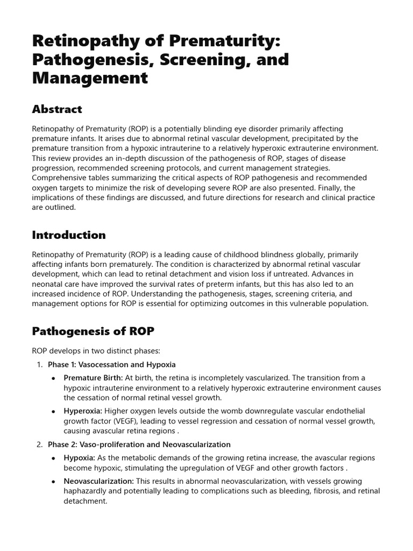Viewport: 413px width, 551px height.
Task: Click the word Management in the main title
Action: [89, 78]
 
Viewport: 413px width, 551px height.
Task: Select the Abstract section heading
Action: [57, 109]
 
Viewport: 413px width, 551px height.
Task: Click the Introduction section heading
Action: [69, 235]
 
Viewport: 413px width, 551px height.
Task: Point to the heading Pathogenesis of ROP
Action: [93, 330]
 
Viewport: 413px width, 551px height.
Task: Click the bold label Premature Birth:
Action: [93, 378]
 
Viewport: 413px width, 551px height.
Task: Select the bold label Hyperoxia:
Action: [83, 411]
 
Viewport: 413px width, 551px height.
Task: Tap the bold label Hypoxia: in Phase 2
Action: [80, 458]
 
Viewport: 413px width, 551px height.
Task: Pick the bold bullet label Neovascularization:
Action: [99, 481]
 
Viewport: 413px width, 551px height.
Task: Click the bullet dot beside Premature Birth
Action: [53, 378]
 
